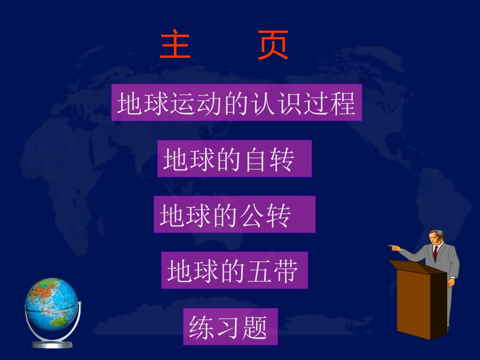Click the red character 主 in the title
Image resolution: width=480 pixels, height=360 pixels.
175,45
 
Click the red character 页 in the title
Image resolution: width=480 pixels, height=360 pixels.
273,45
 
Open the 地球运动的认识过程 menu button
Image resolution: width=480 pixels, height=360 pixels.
236,103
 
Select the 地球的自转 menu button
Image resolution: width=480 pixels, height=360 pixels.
234,159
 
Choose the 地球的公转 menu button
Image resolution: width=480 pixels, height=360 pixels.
234,215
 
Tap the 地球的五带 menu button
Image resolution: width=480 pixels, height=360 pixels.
234,271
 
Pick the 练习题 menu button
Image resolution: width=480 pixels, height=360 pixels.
230,327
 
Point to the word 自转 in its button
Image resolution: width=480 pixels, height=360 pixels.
269,160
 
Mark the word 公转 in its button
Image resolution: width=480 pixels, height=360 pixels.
267,216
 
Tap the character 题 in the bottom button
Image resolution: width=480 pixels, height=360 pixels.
255,327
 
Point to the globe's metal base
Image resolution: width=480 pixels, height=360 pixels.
52,344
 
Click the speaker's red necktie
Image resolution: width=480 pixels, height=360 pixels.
435,253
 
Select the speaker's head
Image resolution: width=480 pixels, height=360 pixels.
436,237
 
